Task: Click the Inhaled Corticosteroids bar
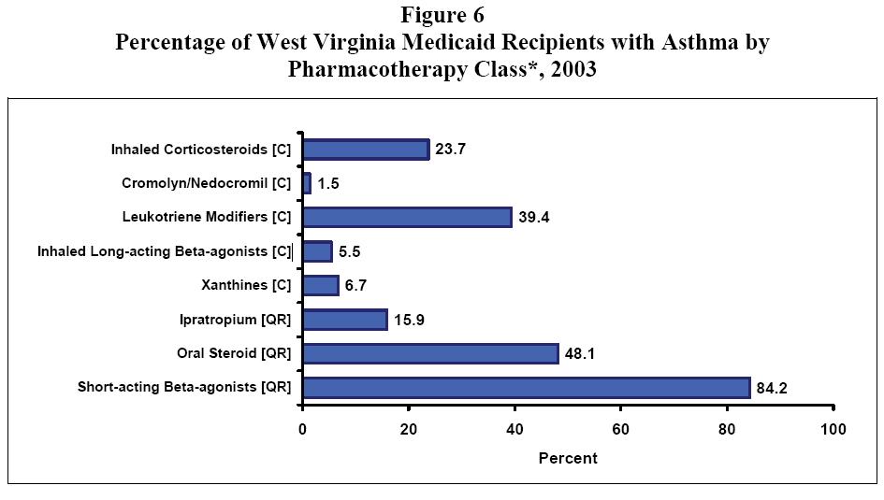pyautogui.click(x=366, y=150)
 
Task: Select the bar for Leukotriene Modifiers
pyautogui.click(x=407, y=217)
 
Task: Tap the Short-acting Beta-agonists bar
pyautogui.click(x=526, y=387)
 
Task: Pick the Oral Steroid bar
pyautogui.click(x=430, y=353)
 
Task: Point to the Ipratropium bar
pyautogui.click(x=345, y=320)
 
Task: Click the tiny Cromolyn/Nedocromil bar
pyautogui.click(x=307, y=183)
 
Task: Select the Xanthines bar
pyautogui.click(x=321, y=285)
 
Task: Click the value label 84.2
pyautogui.click(x=775, y=388)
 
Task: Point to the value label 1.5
pyautogui.click(x=327, y=184)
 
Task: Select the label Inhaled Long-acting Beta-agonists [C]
pyautogui.click(x=165, y=251)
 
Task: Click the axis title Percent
pyautogui.click(x=567, y=458)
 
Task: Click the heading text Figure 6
pyautogui.click(x=442, y=15)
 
